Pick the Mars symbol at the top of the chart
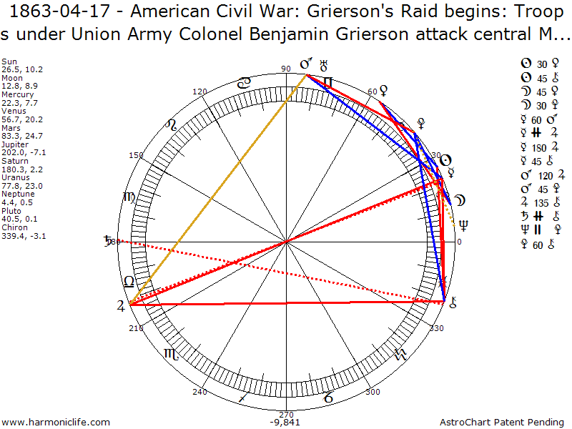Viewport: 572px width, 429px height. coord(305,65)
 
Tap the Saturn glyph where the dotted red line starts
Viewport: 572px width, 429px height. coord(109,240)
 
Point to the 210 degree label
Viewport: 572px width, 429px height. coord(137,328)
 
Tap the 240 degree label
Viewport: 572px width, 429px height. coord(199,392)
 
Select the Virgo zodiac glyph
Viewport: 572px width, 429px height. coord(129,197)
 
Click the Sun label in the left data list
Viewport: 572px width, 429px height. coord(10,62)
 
